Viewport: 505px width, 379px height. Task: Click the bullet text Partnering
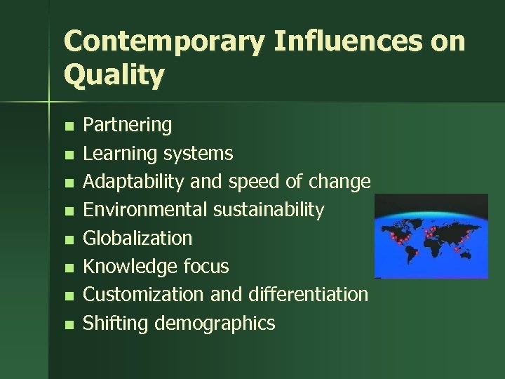[x=127, y=126]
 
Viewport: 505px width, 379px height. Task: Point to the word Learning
[x=121, y=154]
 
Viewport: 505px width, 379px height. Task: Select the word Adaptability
[x=130, y=182]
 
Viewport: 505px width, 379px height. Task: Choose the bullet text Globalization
[x=137, y=238]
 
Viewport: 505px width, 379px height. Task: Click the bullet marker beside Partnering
[x=67, y=127]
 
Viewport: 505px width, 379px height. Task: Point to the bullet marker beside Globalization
[x=67, y=239]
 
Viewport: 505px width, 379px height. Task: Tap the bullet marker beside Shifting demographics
[x=67, y=324]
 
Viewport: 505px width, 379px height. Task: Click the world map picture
[x=431, y=236]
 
